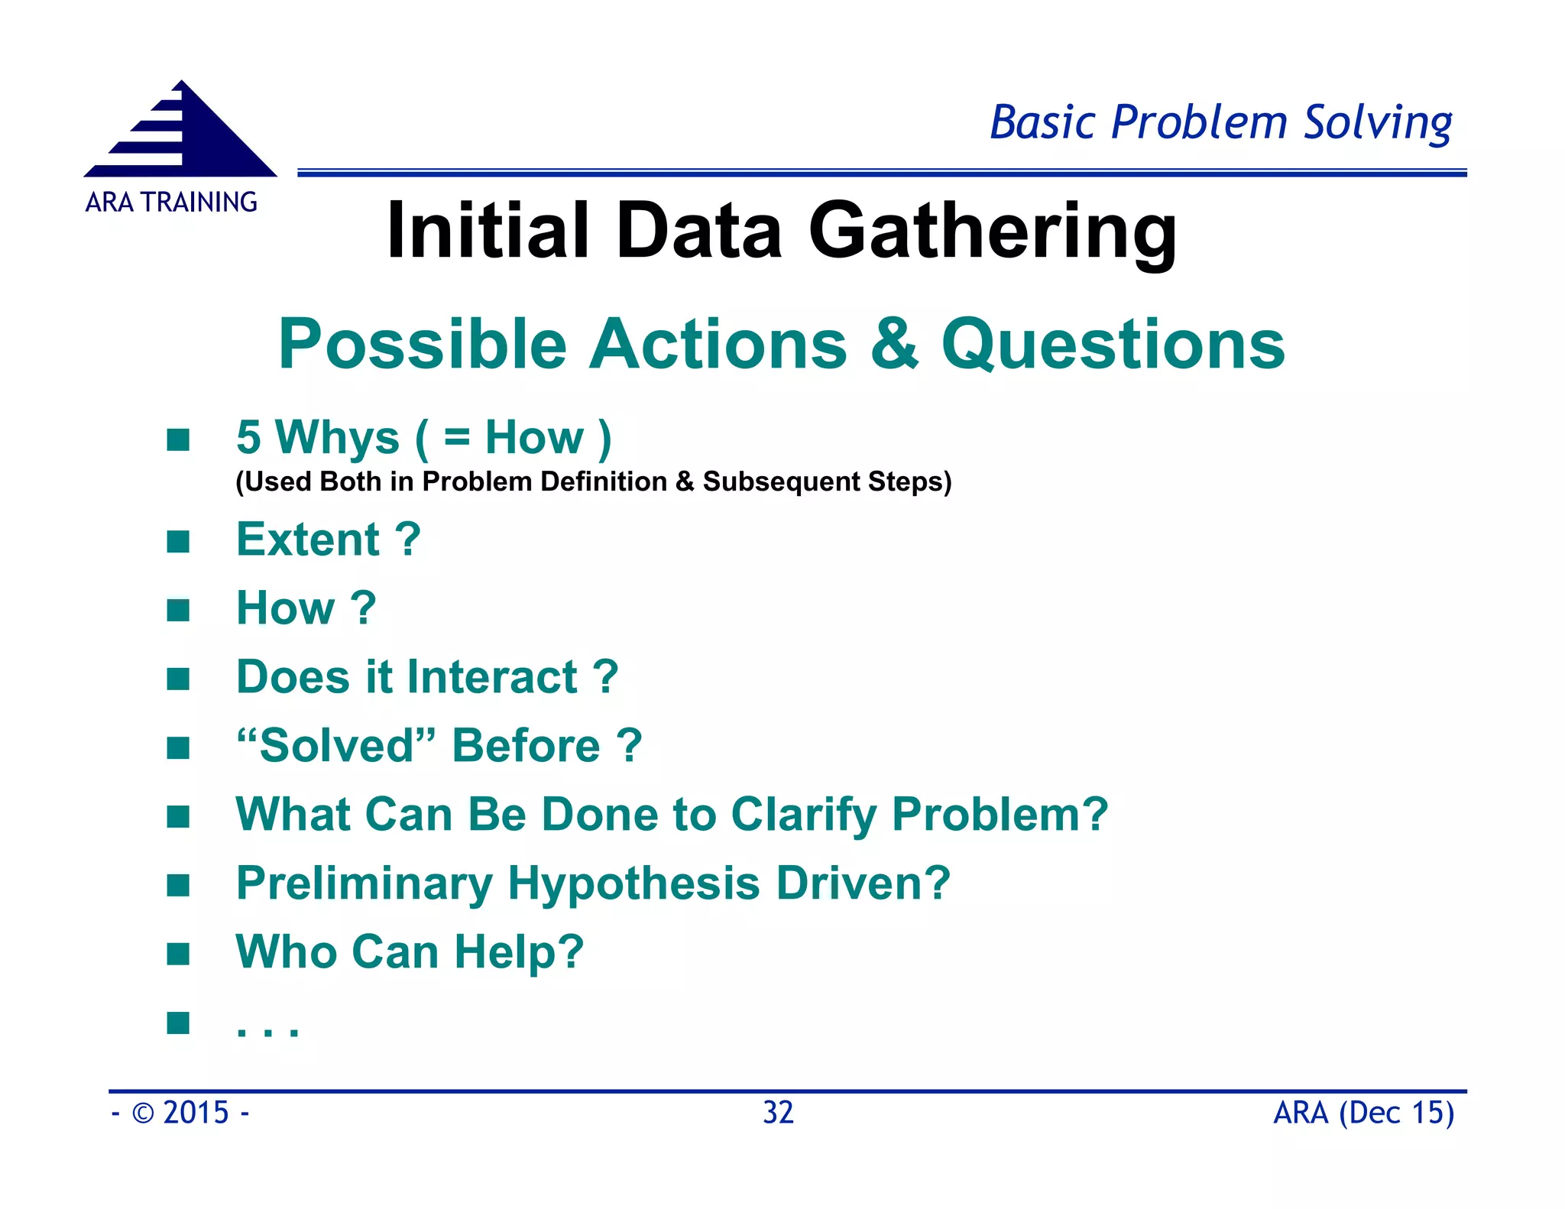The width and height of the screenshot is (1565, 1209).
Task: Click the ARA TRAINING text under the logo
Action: [x=171, y=202]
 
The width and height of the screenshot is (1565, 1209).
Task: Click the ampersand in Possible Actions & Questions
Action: [x=894, y=343]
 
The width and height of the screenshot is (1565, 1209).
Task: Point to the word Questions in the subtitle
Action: [x=1113, y=345]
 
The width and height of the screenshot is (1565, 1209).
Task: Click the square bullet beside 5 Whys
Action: [x=178, y=439]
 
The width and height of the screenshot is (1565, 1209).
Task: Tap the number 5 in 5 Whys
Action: [x=248, y=437]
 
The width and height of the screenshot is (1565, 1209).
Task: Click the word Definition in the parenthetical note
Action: [x=604, y=481]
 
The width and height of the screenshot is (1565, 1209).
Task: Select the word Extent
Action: [x=307, y=540]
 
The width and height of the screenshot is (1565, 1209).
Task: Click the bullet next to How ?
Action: [x=178, y=610]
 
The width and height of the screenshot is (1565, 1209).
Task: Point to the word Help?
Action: [x=519, y=952]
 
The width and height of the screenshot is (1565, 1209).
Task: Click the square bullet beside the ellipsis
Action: [x=178, y=1023]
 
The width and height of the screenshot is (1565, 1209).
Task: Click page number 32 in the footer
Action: [x=778, y=1113]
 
